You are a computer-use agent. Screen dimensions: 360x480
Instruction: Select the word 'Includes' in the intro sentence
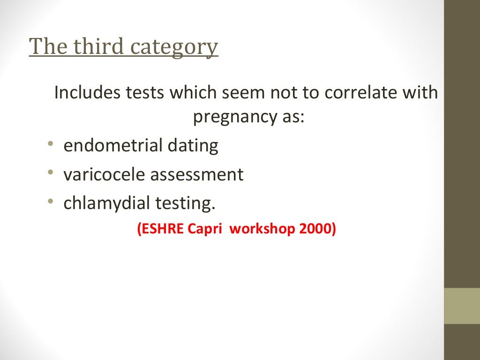point(87,92)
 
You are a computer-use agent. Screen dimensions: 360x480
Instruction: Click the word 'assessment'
point(197,174)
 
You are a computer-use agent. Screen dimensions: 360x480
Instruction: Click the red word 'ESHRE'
point(162,229)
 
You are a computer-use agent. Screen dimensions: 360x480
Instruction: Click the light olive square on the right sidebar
point(462,306)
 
